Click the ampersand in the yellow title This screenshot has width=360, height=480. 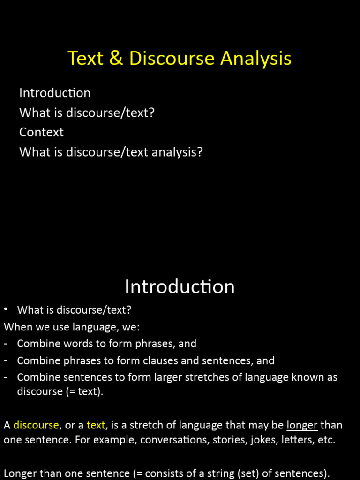[x=115, y=59]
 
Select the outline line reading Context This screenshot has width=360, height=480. [x=41, y=132]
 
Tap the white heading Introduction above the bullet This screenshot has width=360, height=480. [x=180, y=287]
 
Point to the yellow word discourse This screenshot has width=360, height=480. [x=36, y=425]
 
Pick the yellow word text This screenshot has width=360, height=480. [x=96, y=425]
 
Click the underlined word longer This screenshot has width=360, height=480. [x=302, y=425]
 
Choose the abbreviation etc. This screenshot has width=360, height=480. [x=326, y=440]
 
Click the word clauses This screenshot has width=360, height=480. [x=153, y=360]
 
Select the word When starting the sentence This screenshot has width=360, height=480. [x=16, y=327]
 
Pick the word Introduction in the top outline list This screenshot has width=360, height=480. [x=55, y=93]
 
